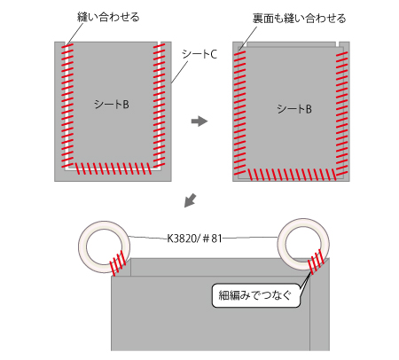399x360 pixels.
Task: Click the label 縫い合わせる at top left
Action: pos(108,17)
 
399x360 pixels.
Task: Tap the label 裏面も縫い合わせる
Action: pos(299,19)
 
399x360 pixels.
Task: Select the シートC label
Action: pos(199,54)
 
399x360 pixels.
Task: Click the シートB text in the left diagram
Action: pos(112,105)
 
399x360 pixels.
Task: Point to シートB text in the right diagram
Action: pos(294,109)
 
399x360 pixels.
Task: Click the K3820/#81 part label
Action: pos(194,239)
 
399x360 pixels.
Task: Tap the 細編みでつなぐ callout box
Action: pos(256,295)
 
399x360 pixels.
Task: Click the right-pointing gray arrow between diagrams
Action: pos(199,121)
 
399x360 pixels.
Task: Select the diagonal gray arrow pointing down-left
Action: pos(190,200)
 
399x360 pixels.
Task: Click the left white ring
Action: pos(82,247)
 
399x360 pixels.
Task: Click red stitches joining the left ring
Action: pos(118,262)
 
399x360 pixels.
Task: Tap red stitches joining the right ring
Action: pos(315,262)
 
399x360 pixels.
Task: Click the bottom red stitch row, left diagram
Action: pos(113,168)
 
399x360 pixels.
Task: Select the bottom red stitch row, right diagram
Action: pos(292,175)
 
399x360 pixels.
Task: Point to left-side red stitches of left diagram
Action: pos(67,106)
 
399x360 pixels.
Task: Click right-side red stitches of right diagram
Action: pos(341,113)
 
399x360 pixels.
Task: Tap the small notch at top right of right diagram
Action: pos(337,44)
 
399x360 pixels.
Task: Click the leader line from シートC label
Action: pos(179,72)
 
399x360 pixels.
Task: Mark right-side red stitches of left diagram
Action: pos(159,106)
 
